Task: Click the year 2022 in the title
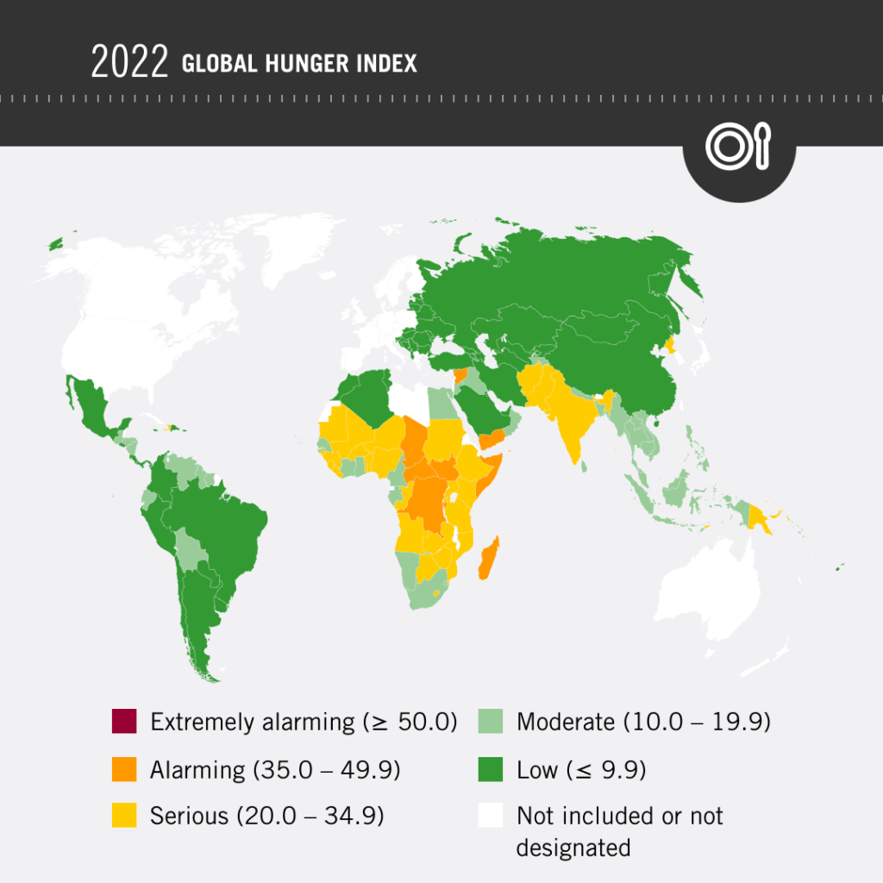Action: [129, 64]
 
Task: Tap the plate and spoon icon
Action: [738, 147]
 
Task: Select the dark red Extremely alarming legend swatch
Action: [124, 722]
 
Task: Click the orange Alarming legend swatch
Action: [124, 768]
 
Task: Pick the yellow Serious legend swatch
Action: [124, 815]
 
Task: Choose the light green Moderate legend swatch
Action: [490, 722]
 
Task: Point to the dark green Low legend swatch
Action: [490, 768]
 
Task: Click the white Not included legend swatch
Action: [490, 815]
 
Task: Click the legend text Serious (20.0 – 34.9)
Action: [266, 815]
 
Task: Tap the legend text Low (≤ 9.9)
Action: [580, 769]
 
